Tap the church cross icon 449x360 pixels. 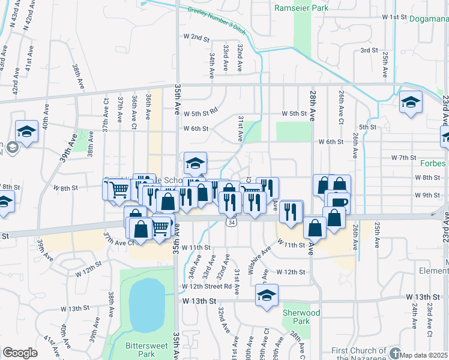click(x=394, y=352)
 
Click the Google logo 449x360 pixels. click(x=20, y=352)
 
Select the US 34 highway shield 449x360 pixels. click(x=231, y=222)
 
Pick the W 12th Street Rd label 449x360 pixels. click(x=208, y=286)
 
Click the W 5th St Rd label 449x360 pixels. click(x=201, y=113)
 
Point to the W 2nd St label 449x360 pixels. click(x=196, y=37)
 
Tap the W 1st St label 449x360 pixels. click(x=394, y=17)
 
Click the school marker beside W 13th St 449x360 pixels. click(x=267, y=295)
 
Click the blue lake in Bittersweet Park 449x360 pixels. click(x=146, y=305)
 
